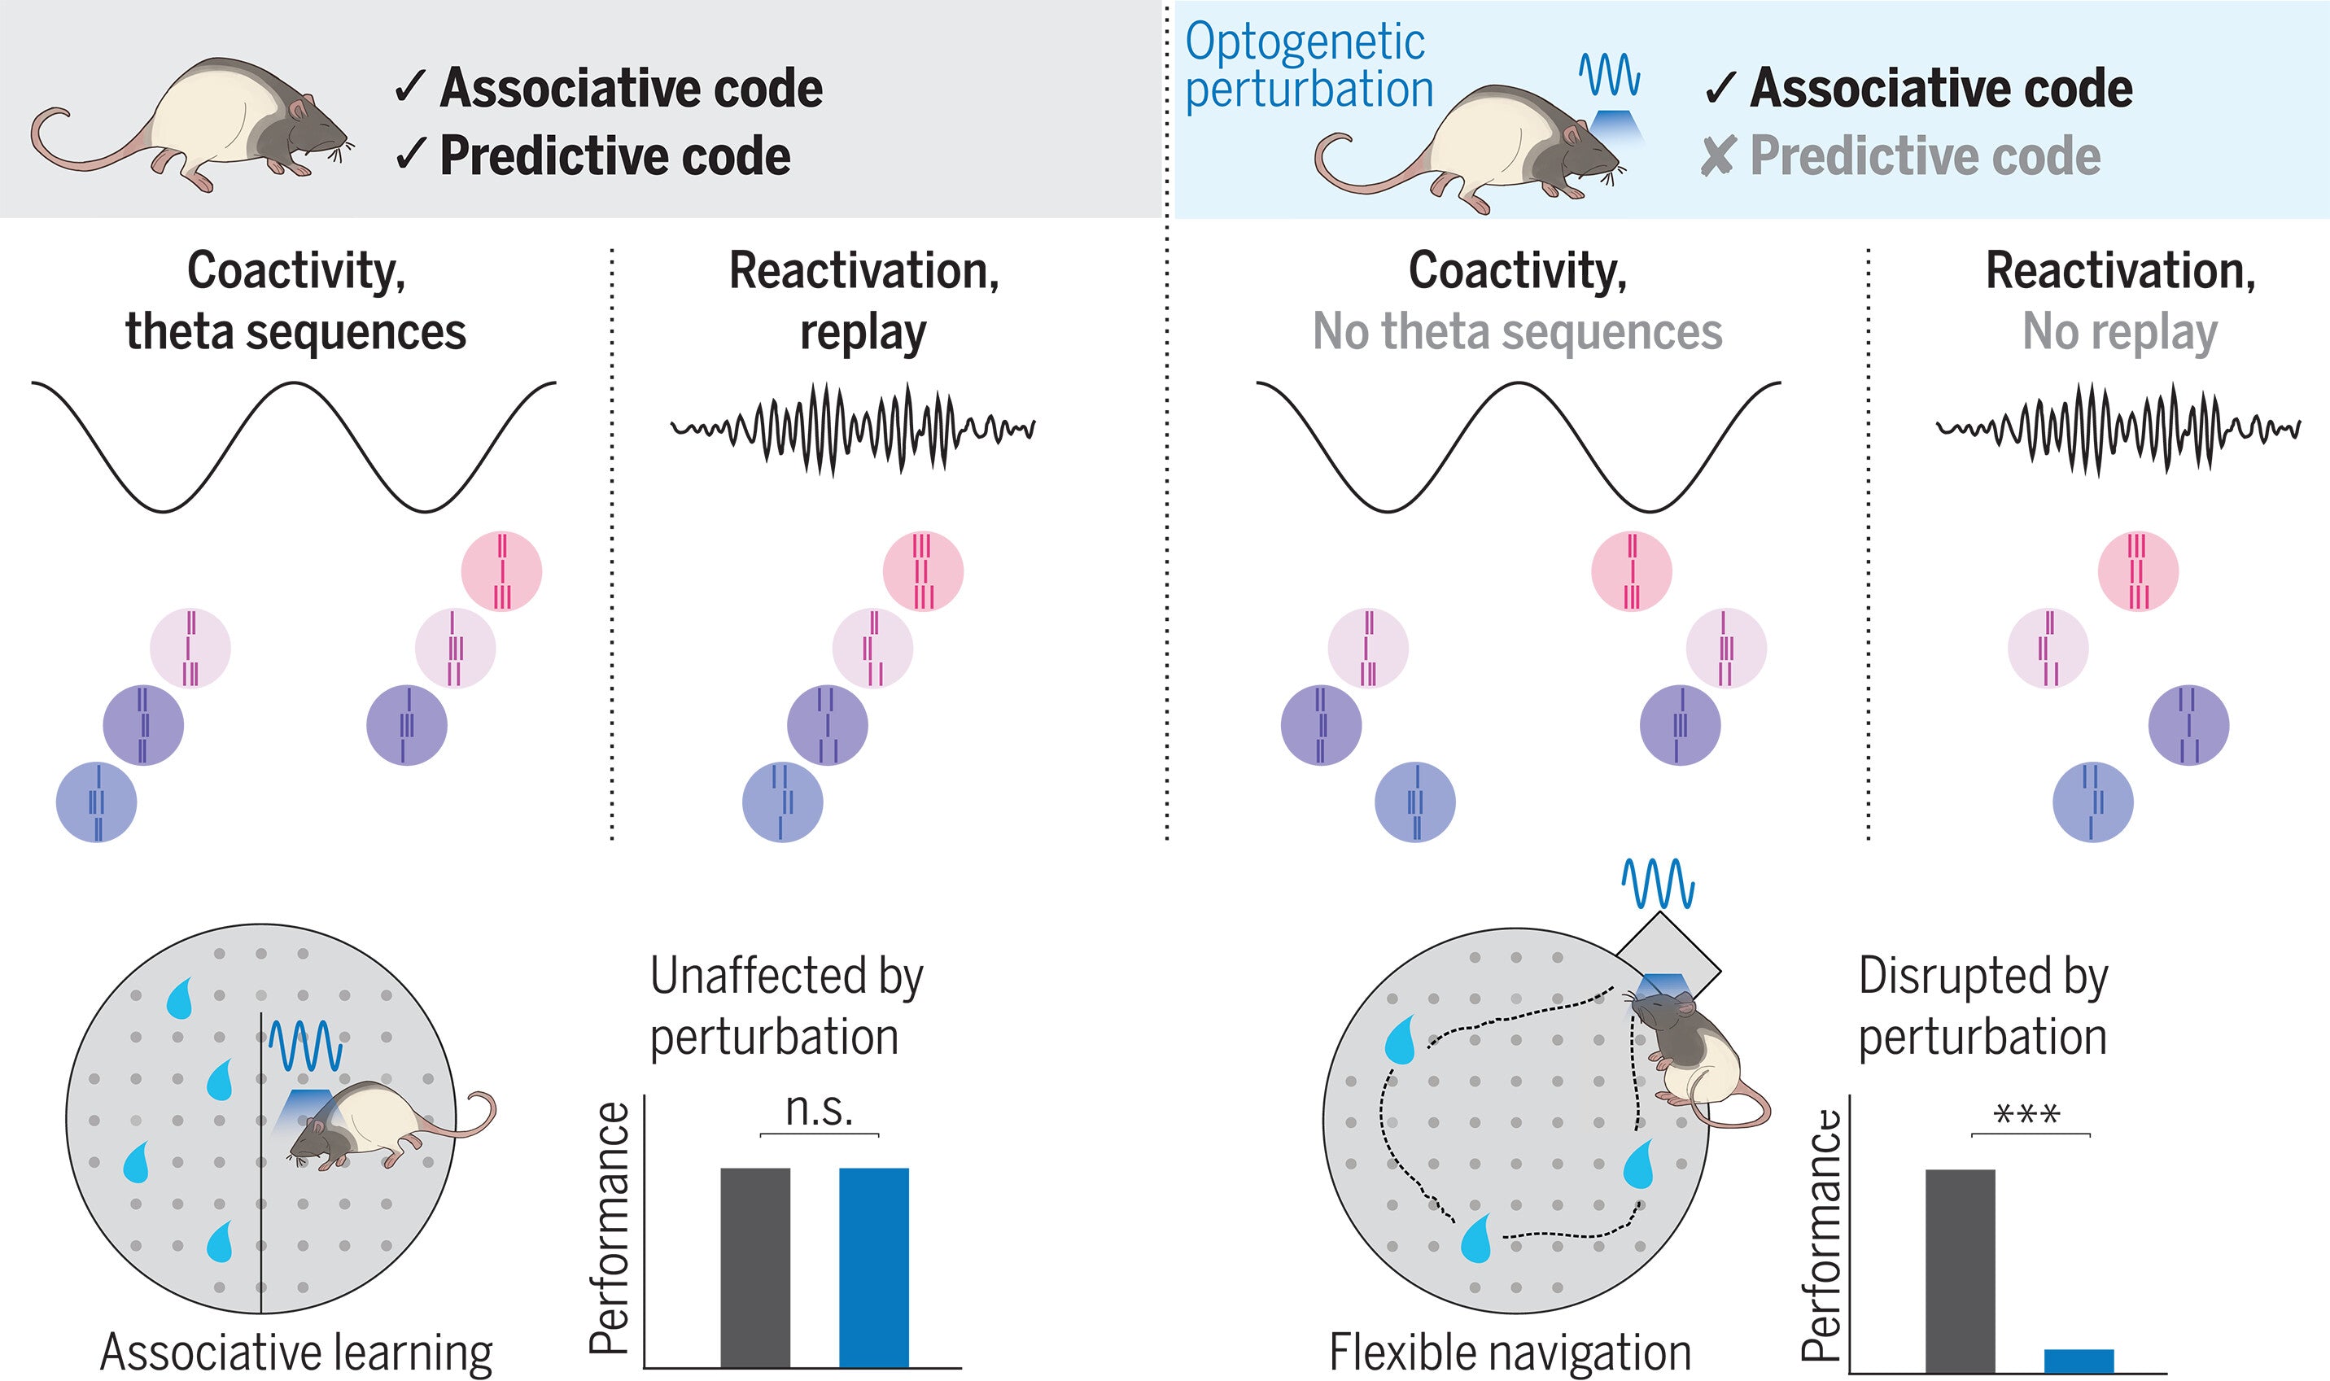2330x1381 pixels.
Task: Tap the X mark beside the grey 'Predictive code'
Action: (x=1717, y=156)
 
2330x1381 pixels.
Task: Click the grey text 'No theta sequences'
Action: (x=1517, y=331)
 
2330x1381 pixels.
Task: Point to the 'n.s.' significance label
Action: (x=819, y=1109)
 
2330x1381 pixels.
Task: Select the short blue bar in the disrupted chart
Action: (x=2079, y=1360)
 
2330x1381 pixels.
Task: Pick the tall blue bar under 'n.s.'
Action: (x=874, y=1266)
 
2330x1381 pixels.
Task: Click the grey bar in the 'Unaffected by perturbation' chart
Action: (x=754, y=1266)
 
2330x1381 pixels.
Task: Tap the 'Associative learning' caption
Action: (x=296, y=1353)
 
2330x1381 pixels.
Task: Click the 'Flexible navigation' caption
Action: (x=1510, y=1353)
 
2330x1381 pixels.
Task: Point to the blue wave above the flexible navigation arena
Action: (x=1658, y=884)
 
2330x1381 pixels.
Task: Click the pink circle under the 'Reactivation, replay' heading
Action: (x=922, y=570)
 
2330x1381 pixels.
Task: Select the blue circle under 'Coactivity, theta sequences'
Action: (x=97, y=802)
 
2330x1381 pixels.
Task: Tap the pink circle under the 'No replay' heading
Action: (x=2137, y=570)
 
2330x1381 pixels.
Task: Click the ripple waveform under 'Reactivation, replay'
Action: (x=852, y=429)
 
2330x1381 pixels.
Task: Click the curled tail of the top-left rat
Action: (x=56, y=140)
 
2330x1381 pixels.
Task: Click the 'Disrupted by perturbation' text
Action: (x=1982, y=1006)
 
